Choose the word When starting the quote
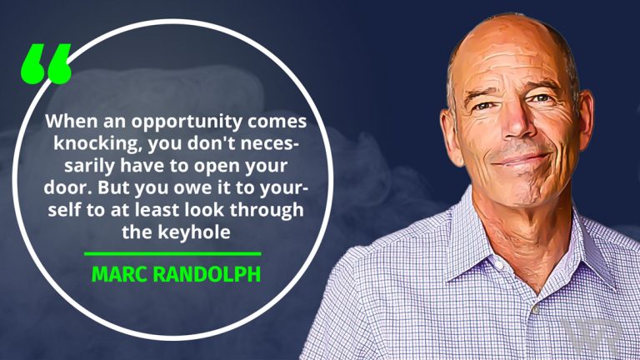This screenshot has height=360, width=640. (67, 121)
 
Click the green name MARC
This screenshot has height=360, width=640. (117, 273)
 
